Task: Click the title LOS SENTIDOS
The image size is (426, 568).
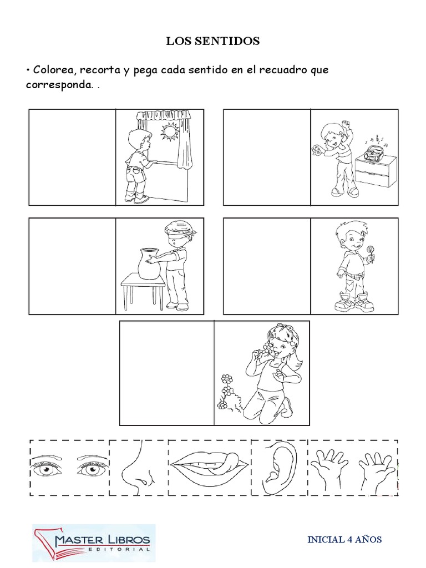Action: point(212,41)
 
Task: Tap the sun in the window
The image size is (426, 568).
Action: point(169,131)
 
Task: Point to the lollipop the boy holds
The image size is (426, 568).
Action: point(370,252)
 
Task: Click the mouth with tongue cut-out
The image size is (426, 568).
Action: point(210,466)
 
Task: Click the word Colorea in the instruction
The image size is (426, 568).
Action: point(54,69)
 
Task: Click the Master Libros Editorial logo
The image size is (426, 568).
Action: point(94,542)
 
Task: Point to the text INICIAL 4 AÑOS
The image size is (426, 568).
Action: point(344,539)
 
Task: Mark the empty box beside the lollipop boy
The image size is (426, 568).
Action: point(267,266)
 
